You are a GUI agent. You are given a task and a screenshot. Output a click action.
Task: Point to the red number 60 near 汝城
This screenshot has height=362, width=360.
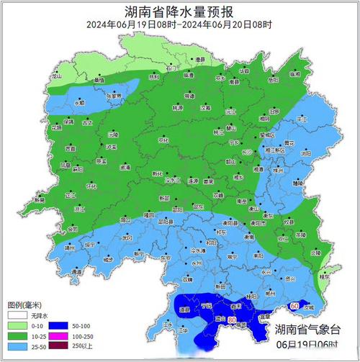294,306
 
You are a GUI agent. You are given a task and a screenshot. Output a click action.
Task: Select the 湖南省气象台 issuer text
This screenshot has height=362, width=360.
307,330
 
